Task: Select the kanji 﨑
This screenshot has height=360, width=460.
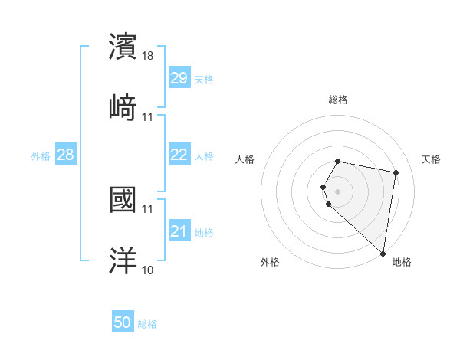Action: [x=123, y=107]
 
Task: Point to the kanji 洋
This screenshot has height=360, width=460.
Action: [x=123, y=260]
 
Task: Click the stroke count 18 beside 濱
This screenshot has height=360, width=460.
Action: [x=149, y=55]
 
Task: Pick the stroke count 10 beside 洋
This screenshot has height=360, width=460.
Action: [x=148, y=270]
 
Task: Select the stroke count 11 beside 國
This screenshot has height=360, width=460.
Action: [x=148, y=208]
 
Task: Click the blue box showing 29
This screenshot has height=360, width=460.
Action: [x=179, y=78]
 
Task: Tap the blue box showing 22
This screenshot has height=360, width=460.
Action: [x=179, y=155]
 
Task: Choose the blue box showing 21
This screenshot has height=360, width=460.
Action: [x=179, y=231]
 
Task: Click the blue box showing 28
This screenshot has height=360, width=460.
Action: [x=66, y=155]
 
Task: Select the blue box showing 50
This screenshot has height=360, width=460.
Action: [x=123, y=323]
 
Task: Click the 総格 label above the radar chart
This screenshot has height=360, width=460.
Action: [x=338, y=100]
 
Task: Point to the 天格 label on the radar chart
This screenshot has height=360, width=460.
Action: [x=431, y=159]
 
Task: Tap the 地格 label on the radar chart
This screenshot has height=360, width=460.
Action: [x=402, y=262]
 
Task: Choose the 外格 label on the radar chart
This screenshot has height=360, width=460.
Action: [x=270, y=262]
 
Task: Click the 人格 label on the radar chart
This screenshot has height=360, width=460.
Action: [x=245, y=159]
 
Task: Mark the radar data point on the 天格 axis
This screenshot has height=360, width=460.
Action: [x=396, y=172]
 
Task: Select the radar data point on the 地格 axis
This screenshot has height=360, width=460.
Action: [x=383, y=253]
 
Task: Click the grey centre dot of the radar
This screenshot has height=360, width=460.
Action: [x=338, y=191]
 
